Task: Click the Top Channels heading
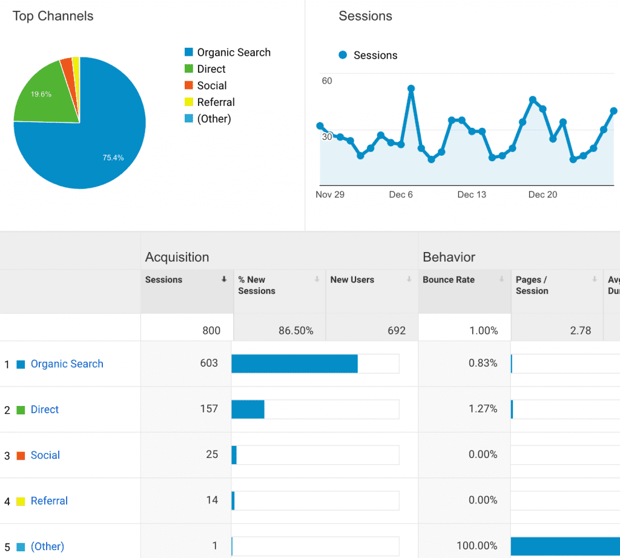(53, 16)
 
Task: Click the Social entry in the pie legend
(211, 85)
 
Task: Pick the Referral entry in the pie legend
(216, 102)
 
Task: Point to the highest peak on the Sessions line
(411, 88)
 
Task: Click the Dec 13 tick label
(472, 194)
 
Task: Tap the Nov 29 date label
(330, 194)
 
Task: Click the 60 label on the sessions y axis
(327, 81)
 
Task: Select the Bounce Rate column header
(449, 280)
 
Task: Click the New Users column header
(352, 280)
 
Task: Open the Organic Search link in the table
(67, 364)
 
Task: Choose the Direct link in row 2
(45, 410)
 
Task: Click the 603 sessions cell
(209, 364)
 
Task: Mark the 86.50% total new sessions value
(295, 331)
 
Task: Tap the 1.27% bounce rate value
(483, 409)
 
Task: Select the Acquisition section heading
(177, 257)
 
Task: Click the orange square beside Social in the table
(21, 456)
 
